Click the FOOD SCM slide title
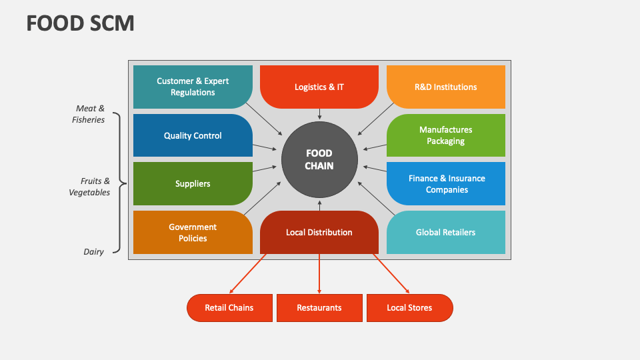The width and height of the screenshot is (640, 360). (80, 23)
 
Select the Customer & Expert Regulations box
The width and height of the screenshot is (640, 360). (193, 87)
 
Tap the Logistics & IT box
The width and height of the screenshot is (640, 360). (319, 87)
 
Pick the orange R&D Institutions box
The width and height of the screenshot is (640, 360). (445, 87)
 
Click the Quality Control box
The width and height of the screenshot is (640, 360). (193, 135)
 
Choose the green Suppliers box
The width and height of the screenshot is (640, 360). (193, 183)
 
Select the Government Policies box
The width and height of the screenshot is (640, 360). (193, 233)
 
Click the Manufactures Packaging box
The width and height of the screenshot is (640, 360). (445, 135)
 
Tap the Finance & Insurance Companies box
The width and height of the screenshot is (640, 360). (445, 183)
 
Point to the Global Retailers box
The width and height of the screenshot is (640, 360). (445, 232)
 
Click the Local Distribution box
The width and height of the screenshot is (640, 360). (319, 232)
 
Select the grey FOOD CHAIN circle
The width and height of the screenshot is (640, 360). (319, 159)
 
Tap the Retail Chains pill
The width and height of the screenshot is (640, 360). (229, 307)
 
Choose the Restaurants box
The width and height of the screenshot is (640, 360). (319, 307)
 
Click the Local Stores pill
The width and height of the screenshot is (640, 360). (409, 307)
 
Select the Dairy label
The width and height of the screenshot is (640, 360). (94, 252)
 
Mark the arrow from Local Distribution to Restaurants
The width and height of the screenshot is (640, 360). (319, 273)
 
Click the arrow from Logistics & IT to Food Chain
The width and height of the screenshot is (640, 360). (319, 114)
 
